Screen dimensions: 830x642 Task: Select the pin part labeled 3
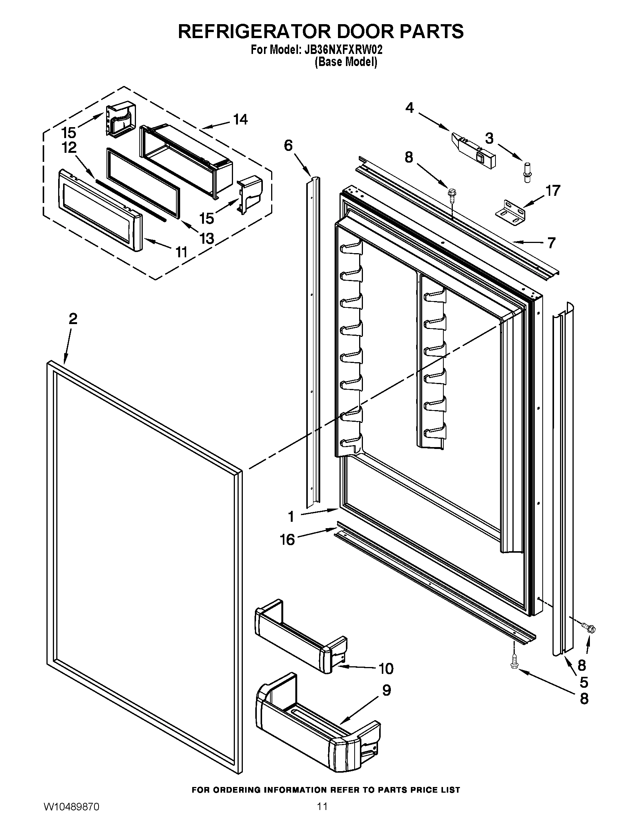(x=527, y=173)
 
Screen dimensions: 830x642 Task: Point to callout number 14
(x=240, y=119)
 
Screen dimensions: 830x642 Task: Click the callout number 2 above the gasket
(x=73, y=318)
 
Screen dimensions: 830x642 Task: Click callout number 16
(x=287, y=539)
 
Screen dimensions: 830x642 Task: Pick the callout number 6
(x=288, y=145)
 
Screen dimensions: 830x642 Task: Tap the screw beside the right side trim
(x=590, y=629)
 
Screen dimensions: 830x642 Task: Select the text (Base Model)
(x=345, y=62)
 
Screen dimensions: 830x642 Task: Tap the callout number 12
(x=69, y=148)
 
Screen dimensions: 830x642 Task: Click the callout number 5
(x=584, y=682)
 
